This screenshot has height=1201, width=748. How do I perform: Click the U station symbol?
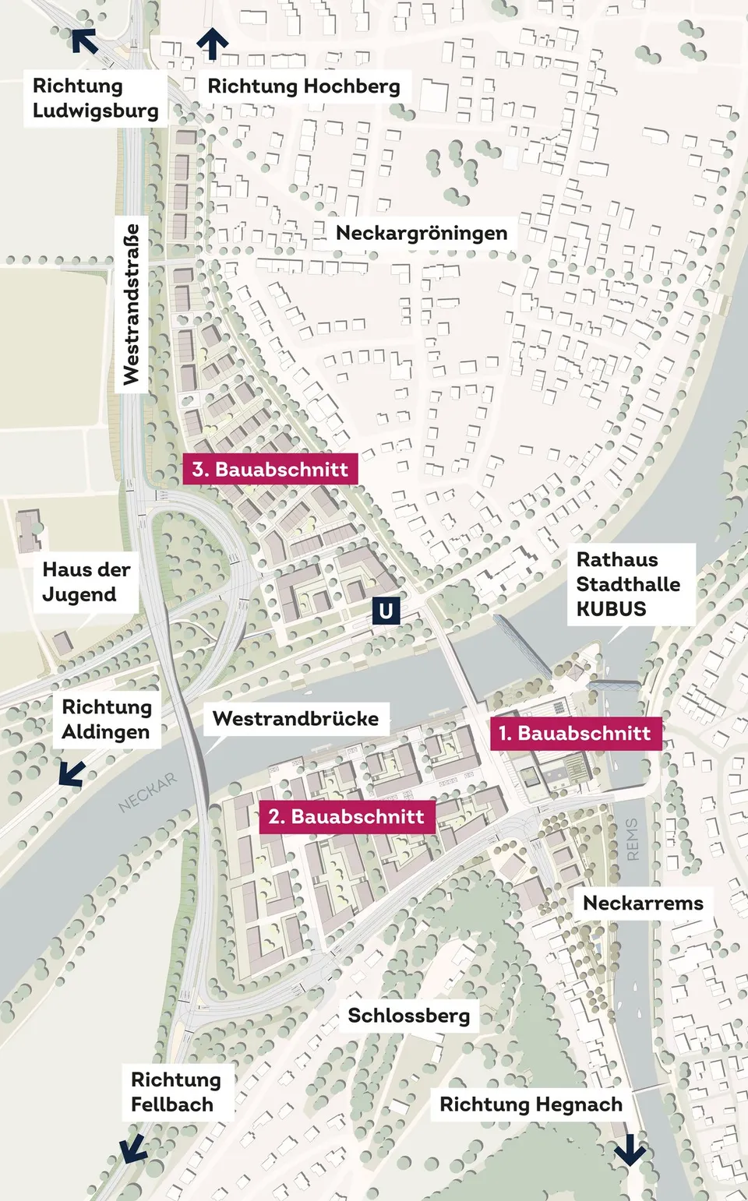[385, 611]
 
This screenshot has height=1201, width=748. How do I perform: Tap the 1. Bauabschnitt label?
[576, 733]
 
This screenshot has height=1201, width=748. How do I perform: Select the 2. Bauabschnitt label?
[347, 816]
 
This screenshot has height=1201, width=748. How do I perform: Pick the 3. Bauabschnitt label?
[270, 469]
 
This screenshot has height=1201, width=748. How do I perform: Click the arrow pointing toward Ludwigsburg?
[85, 41]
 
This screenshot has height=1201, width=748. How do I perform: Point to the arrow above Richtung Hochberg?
[212, 44]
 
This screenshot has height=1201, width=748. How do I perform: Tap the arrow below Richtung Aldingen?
[72, 773]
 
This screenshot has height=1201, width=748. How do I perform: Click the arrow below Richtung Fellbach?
[132, 1148]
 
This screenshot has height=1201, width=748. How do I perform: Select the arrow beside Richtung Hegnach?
[629, 1150]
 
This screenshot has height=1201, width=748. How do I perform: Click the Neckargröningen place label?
[422, 233]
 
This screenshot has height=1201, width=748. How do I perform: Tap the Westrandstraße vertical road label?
[131, 304]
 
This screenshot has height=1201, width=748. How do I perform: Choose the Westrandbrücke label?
[295, 718]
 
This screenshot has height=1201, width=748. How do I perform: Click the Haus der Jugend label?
[86, 582]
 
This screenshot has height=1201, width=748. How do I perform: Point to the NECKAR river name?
[148, 793]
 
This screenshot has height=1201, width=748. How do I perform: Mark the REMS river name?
[632, 839]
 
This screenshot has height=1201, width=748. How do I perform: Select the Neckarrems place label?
[643, 903]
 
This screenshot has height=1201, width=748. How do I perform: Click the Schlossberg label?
[408, 1016]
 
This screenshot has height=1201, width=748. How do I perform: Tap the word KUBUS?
[611, 609]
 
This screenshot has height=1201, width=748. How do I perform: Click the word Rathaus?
[616, 559]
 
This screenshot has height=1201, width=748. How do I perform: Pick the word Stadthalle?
[628, 584]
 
